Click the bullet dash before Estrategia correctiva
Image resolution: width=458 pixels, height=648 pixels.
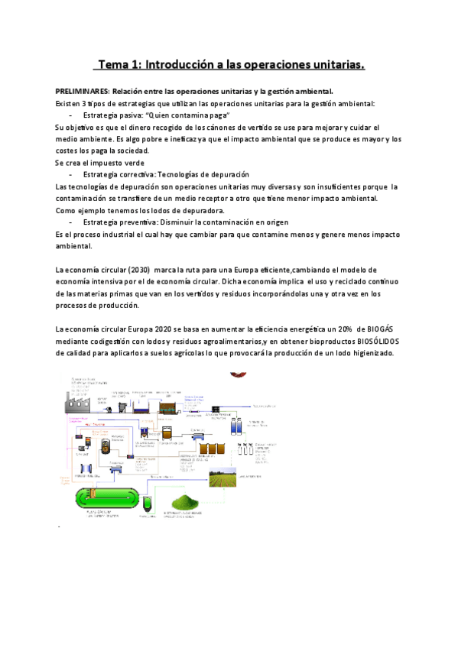[x=71, y=175]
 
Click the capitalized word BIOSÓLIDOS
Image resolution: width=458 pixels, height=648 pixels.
[x=369, y=342]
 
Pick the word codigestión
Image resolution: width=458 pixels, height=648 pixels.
[x=108, y=342]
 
